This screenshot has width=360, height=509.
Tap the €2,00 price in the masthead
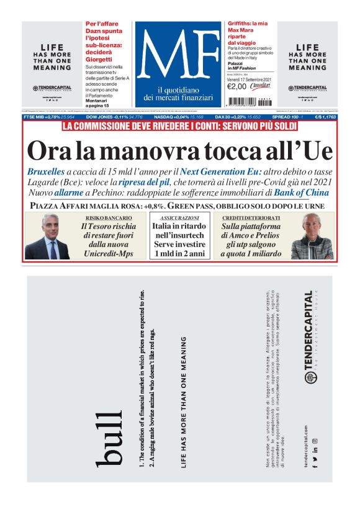pyautogui.click(x=237, y=86)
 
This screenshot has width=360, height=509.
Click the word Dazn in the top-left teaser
pyautogui.click(x=94, y=31)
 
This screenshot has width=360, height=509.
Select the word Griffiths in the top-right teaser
pyautogui.click(x=240, y=23)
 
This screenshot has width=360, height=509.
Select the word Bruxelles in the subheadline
pyautogui.click(x=45, y=171)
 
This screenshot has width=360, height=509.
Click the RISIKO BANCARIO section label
pyautogui.click(x=109, y=218)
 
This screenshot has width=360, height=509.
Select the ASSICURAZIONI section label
pyautogui.click(x=179, y=218)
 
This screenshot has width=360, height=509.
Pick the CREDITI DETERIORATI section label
pyautogui.click(x=251, y=218)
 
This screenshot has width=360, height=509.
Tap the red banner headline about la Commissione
pyautogui.click(x=180, y=127)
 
